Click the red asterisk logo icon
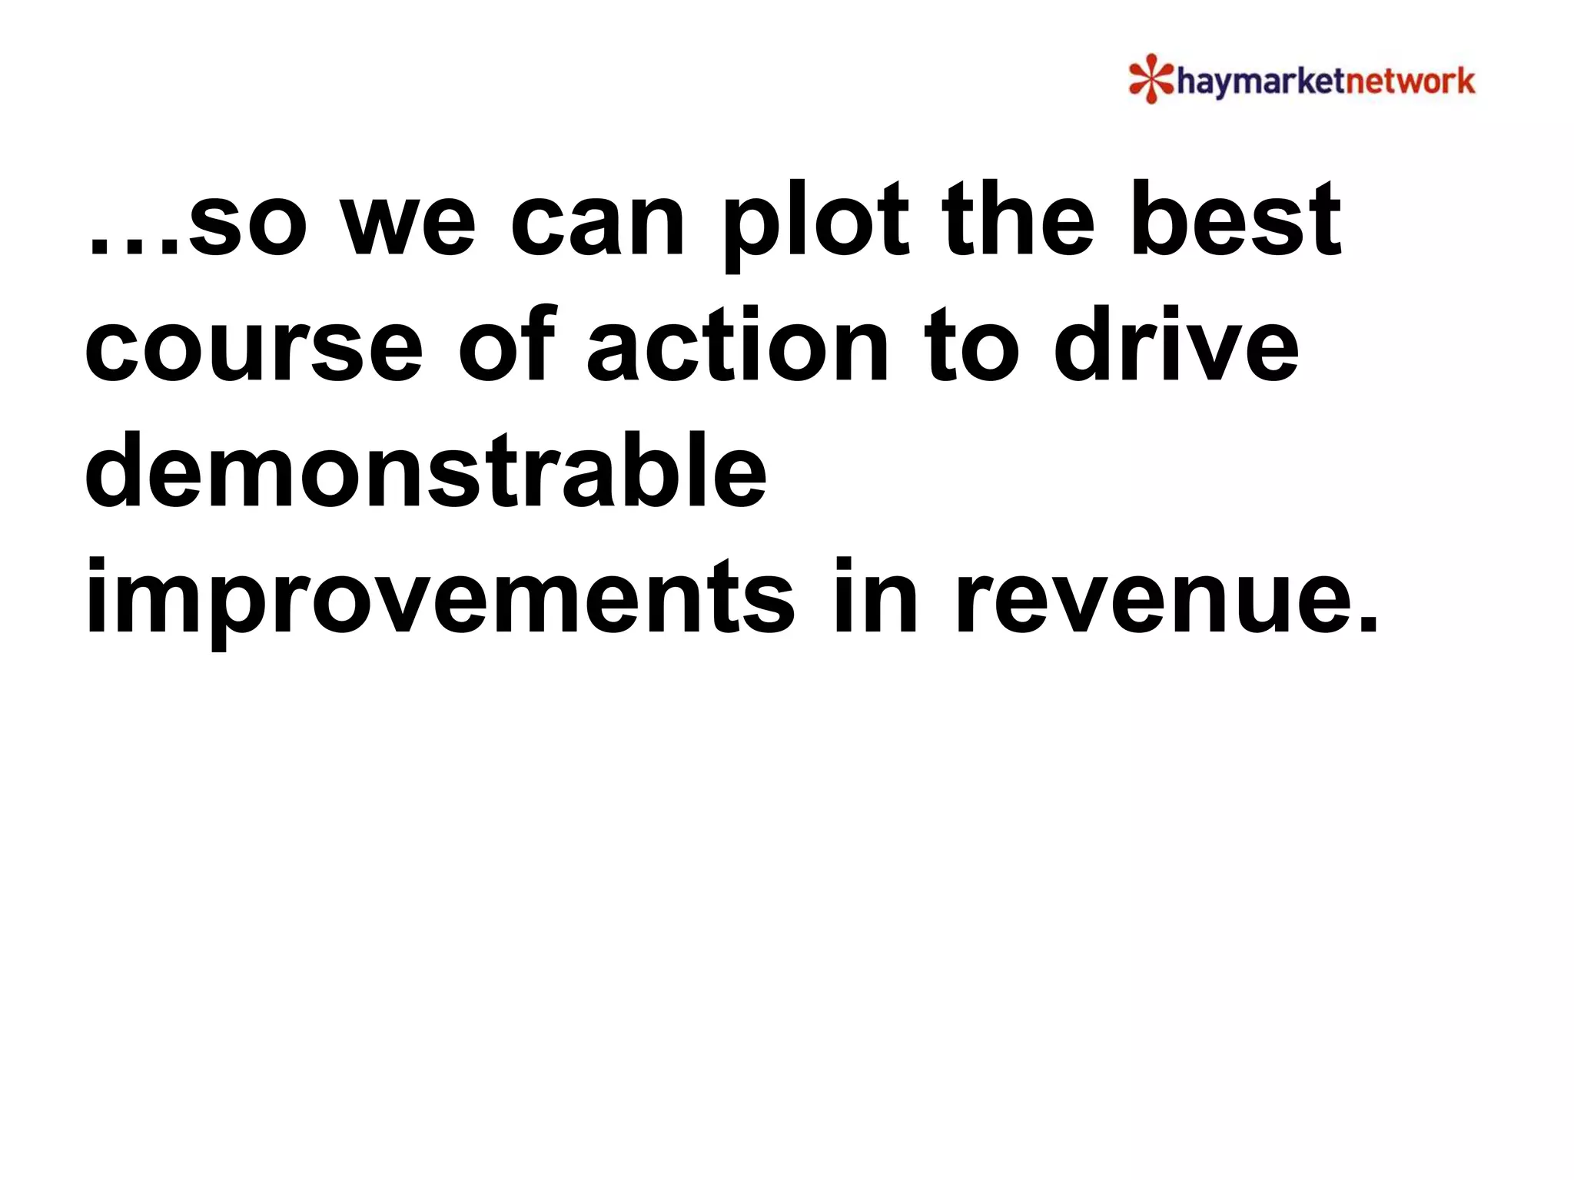click(1151, 78)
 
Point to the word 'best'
click(1235, 219)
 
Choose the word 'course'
click(254, 346)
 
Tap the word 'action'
click(737, 346)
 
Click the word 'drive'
click(1176, 346)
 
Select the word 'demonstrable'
click(426, 470)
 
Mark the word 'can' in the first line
click(597, 227)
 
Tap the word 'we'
click(409, 227)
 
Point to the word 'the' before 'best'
click(1018, 219)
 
